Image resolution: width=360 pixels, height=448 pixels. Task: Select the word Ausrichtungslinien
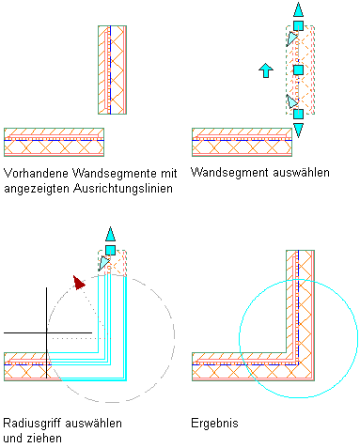(x=123, y=189)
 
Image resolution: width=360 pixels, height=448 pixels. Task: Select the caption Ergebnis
(x=214, y=424)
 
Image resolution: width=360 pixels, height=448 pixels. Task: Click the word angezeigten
(x=37, y=189)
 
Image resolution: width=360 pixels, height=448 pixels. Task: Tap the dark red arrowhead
(x=79, y=282)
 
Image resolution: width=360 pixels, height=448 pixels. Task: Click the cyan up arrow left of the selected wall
(x=266, y=70)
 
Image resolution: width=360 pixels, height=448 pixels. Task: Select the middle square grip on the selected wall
(x=298, y=70)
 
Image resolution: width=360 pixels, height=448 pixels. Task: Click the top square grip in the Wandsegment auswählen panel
(x=298, y=25)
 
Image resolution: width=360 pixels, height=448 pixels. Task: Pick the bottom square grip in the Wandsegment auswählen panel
(x=298, y=114)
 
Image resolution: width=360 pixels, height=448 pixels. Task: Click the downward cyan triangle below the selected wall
(x=298, y=130)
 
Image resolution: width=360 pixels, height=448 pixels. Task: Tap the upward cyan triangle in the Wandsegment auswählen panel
(x=298, y=10)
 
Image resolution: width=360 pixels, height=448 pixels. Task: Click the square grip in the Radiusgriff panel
(x=110, y=250)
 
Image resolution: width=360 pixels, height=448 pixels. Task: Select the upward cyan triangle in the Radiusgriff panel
(x=110, y=235)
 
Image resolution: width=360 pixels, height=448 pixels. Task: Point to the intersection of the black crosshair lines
(x=47, y=332)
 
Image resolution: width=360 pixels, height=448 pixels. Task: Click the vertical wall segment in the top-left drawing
(x=112, y=70)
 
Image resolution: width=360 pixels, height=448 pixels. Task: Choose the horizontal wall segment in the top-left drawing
(x=54, y=142)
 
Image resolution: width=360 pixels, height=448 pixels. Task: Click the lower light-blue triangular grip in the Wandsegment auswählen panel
(x=292, y=101)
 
